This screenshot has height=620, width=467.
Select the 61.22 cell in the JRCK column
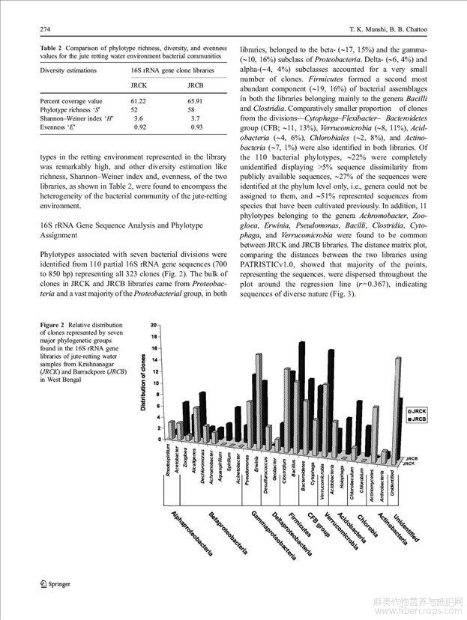[x=138, y=100]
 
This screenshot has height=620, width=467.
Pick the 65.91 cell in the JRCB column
[x=195, y=100]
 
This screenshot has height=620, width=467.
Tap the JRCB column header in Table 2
[x=195, y=85]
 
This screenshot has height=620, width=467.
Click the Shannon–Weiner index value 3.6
[x=138, y=118]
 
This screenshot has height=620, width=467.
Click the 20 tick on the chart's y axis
[x=153, y=325]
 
